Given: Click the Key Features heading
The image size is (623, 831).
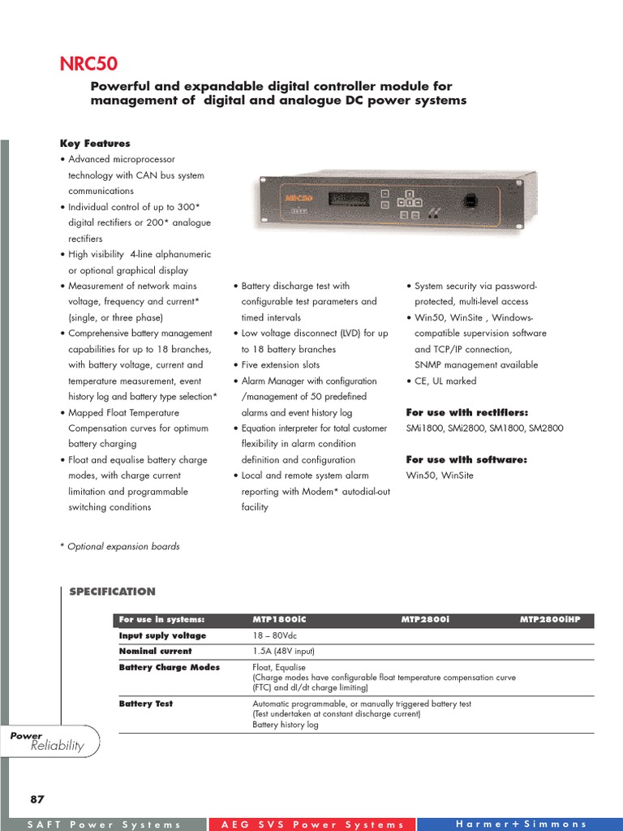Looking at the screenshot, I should [95, 143].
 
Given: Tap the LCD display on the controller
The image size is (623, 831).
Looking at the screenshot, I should [351, 199].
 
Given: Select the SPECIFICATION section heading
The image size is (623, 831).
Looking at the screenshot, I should [112, 592].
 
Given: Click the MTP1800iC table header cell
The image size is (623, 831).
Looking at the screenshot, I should [280, 620].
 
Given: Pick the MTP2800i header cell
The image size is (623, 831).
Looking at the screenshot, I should [425, 620].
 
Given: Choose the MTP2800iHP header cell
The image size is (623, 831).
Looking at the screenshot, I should [556, 620].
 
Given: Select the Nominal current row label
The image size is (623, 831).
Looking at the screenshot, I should [156, 651].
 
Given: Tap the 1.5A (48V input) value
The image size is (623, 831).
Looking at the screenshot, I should [284, 651].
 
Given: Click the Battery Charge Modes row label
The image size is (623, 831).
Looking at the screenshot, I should [170, 667].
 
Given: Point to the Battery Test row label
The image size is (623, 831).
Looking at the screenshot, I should [146, 704].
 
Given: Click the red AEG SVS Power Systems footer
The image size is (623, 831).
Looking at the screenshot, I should [312, 825].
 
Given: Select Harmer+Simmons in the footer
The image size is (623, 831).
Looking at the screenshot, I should [521, 824].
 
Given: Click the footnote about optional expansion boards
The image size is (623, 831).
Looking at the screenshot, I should [120, 546].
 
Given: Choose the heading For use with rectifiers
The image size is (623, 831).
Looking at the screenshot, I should [466, 412].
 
